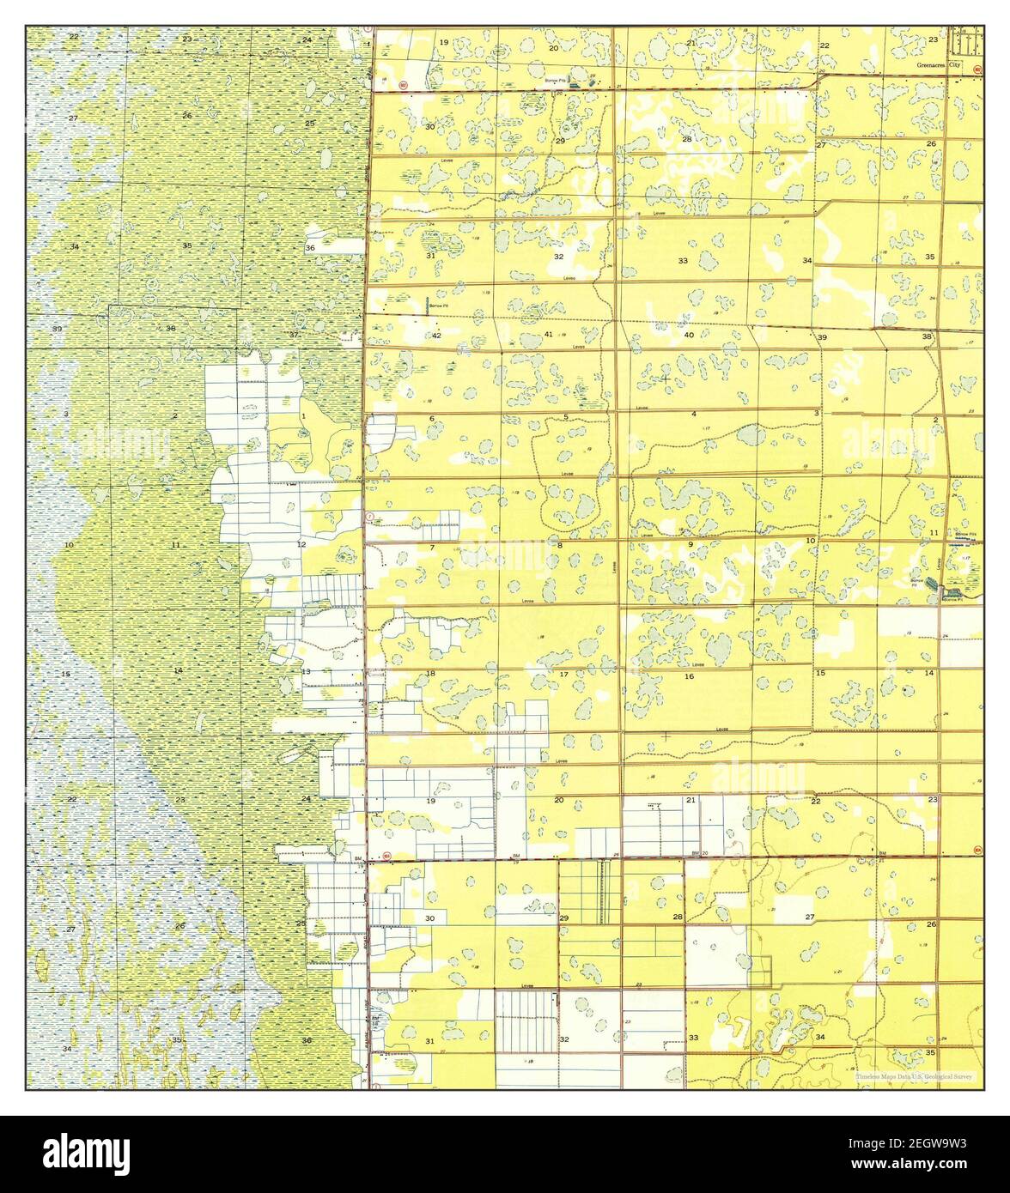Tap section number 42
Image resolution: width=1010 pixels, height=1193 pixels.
pyautogui.click(x=436, y=335)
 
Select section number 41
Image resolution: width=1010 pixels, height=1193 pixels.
pyautogui.click(x=548, y=334)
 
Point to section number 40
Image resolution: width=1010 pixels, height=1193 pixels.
pyautogui.click(x=689, y=335)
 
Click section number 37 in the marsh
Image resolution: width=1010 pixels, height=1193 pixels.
pyautogui.click(x=294, y=334)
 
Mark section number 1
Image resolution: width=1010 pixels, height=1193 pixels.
pyautogui.click(x=303, y=416)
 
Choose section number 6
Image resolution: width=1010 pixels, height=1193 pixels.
pyautogui.click(x=432, y=418)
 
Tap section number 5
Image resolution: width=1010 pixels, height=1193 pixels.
pyautogui.click(x=566, y=417)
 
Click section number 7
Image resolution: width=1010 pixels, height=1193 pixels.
pyautogui.click(x=432, y=548)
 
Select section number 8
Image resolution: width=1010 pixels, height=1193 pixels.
pyautogui.click(x=560, y=545)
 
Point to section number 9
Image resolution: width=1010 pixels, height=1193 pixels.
pyautogui.click(x=690, y=544)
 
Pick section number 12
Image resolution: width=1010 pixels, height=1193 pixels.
pyautogui.click(x=301, y=544)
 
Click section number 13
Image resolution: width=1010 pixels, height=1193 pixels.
pyautogui.click(x=306, y=671)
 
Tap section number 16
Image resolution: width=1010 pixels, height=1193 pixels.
pyautogui.click(x=689, y=677)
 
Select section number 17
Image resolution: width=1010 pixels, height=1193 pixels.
pyautogui.click(x=563, y=675)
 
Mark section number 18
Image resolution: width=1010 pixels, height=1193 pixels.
pyautogui.click(x=430, y=674)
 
